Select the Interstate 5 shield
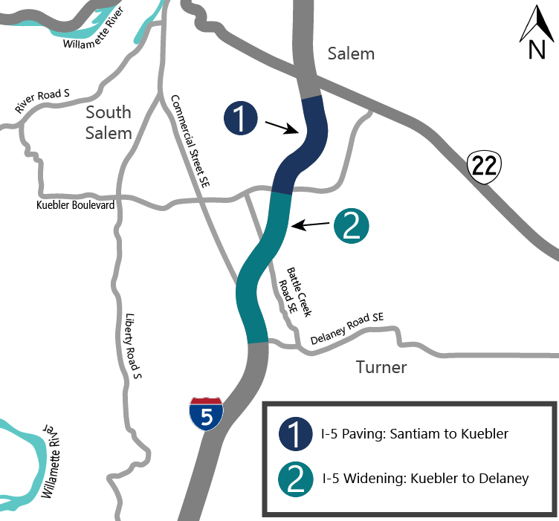tap(206, 414)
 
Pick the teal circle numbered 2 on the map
tap(352, 225)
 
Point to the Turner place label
tap(381, 367)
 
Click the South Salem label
tap(109, 123)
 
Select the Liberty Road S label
tap(133, 346)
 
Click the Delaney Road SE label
tap(347, 327)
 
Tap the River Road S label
tap(42, 102)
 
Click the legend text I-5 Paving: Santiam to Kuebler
tap(415, 434)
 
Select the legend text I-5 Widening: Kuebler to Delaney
tap(424, 478)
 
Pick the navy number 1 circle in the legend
tap(295, 434)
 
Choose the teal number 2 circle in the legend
tap(295, 479)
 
